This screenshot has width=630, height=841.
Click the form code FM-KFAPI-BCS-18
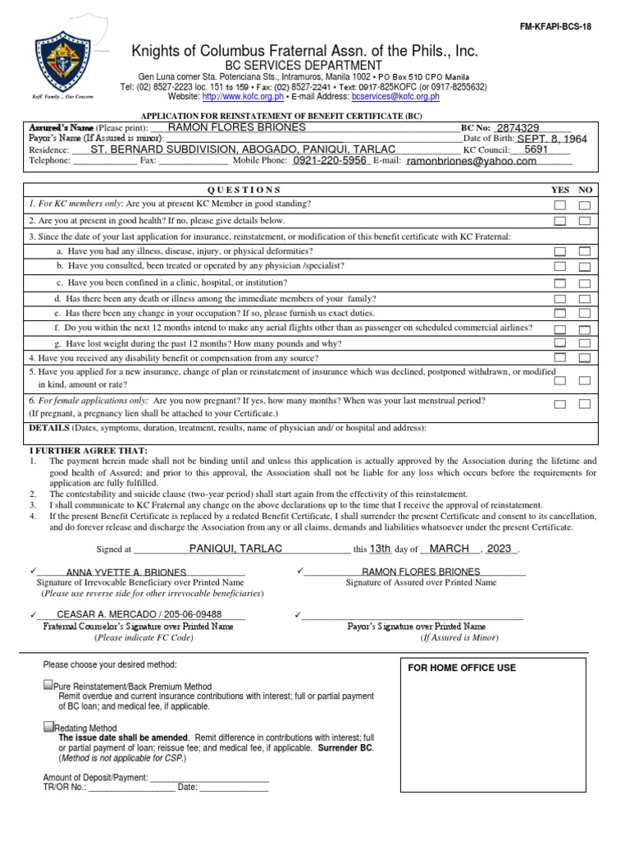click(x=555, y=26)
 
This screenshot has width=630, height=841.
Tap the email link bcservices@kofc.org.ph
click(x=395, y=97)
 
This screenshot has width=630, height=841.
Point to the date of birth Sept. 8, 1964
click(x=551, y=140)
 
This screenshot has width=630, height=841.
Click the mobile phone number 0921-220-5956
click(x=330, y=161)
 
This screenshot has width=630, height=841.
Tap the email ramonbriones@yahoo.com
click(x=471, y=162)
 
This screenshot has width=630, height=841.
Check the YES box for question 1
click(x=559, y=205)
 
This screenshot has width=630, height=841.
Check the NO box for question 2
click(x=585, y=221)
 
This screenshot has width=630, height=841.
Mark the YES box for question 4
click(x=559, y=358)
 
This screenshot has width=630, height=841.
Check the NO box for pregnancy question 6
click(x=585, y=404)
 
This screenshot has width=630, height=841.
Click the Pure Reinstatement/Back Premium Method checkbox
click(x=48, y=686)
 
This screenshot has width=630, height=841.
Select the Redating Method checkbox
click(x=48, y=728)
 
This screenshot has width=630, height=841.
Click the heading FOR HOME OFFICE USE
click(x=462, y=668)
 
